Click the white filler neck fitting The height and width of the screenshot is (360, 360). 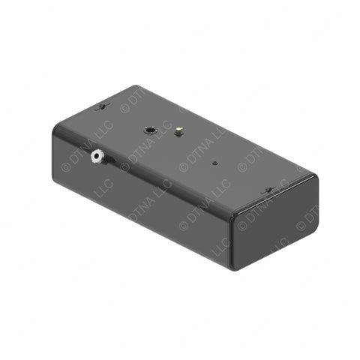coord(97,157)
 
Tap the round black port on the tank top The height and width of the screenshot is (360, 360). coord(151,129)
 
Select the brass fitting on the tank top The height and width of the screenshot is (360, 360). coord(179,133)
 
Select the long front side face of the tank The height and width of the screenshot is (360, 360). coord(142,195)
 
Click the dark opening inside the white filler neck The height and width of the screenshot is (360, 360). coord(95,157)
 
